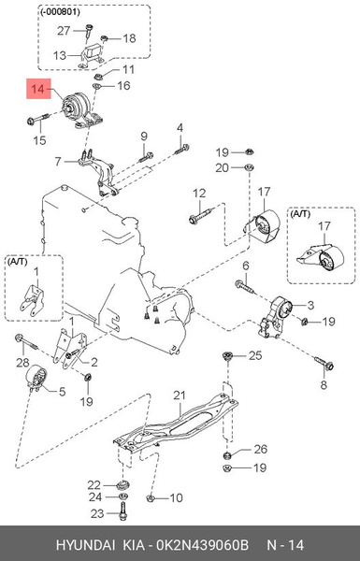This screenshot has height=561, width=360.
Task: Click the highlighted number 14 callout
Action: [x=37, y=92]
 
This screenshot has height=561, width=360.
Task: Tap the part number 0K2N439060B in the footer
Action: [x=222, y=542]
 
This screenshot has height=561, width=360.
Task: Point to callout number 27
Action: [x=64, y=31]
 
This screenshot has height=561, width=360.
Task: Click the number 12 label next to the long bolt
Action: [x=198, y=194]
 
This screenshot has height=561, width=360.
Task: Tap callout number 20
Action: [x=222, y=168]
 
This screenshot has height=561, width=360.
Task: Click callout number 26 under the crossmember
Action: [x=260, y=450]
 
